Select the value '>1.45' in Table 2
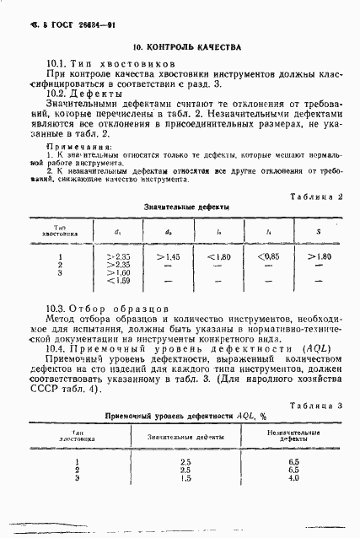tap(168, 255)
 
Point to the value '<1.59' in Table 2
tap(121, 280)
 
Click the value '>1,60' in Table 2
tap(121, 272)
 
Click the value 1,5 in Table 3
tap(185, 478)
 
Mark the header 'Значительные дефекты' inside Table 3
tap(185, 436)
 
